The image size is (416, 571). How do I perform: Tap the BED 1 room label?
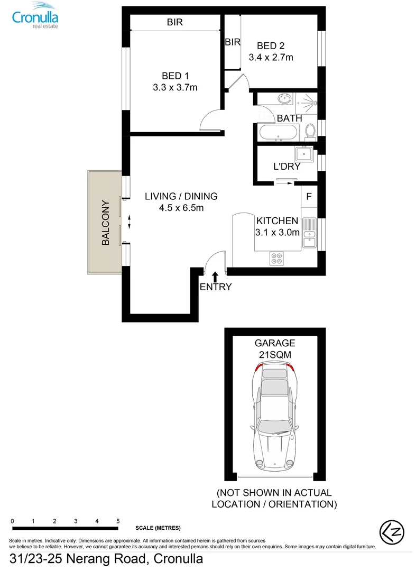175,76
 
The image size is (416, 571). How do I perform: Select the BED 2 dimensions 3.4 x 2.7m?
271,57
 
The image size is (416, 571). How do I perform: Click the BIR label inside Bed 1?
175,22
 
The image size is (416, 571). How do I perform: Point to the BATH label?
289,118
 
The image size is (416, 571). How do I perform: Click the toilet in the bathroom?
310,130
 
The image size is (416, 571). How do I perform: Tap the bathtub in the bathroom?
279,132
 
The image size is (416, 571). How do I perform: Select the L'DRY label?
286,167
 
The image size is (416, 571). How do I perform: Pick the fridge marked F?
309,196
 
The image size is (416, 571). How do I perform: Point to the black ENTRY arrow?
215,277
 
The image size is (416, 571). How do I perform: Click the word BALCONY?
105,222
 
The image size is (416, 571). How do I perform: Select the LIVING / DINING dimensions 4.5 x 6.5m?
181,208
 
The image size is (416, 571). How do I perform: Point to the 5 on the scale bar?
118,521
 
